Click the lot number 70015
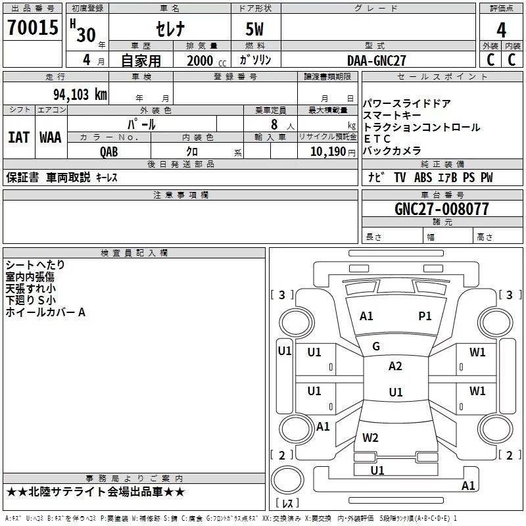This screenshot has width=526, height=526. click(x=33, y=27)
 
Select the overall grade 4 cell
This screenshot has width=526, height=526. click(x=501, y=30)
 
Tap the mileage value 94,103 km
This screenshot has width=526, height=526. click(x=80, y=94)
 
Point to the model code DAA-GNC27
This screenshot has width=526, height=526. click(x=376, y=60)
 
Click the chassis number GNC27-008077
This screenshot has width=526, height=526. click(x=441, y=208)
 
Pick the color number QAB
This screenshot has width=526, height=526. click(x=109, y=152)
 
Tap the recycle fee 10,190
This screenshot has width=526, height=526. click(x=328, y=151)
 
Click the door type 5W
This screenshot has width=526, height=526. click(x=254, y=29)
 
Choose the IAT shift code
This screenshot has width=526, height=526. click(x=18, y=137)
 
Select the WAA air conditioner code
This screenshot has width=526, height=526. click(x=51, y=137)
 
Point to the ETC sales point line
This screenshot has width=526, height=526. click(x=377, y=139)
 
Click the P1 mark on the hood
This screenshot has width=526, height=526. click(x=425, y=316)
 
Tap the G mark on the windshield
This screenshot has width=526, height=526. click(x=376, y=347)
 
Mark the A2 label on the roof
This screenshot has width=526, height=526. click(x=395, y=366)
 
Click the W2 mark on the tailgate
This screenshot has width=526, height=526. click(x=370, y=437)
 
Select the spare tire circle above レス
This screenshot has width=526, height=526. click(x=287, y=480)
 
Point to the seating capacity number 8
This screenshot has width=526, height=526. click(x=274, y=124)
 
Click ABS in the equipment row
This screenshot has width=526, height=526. click(x=423, y=178)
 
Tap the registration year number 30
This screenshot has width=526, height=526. click(x=86, y=35)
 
